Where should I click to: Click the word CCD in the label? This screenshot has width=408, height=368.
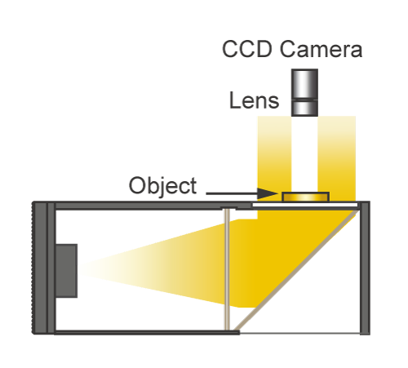(x=247, y=49)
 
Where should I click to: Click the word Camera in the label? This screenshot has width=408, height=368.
(x=321, y=49)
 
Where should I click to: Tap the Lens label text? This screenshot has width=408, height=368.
(x=255, y=100)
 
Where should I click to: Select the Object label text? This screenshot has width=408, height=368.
(x=162, y=186)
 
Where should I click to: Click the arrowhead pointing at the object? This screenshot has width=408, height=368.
(x=268, y=193)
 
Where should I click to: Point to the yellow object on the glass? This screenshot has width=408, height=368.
(x=306, y=197)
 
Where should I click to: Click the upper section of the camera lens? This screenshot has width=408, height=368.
(x=304, y=85)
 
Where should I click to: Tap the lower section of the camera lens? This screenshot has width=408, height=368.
(x=304, y=109)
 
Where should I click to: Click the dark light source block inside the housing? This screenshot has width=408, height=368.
(x=66, y=271)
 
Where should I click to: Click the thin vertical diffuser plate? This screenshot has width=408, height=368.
(x=227, y=269)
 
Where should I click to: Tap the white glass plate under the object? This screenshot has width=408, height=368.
(x=305, y=205)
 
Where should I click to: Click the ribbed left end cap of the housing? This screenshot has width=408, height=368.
(x=40, y=268)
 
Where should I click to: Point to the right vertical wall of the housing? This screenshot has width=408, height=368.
(x=365, y=268)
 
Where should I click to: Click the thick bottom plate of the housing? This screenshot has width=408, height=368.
(x=147, y=332)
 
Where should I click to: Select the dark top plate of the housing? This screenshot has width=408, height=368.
(x=153, y=206)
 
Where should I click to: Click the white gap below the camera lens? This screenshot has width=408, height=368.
(x=304, y=154)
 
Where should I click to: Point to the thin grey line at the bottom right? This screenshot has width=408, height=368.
(x=299, y=333)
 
